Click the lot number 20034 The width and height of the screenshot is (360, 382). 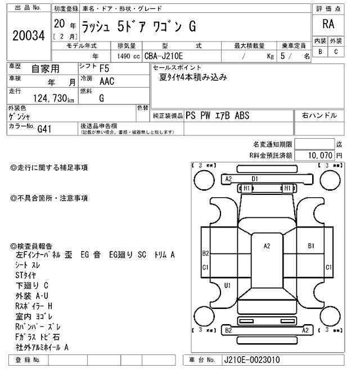tap(28, 35)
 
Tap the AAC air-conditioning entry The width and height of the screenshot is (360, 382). tap(106, 81)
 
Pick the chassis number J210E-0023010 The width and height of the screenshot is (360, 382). tap(251, 360)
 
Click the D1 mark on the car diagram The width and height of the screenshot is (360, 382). tap(255, 179)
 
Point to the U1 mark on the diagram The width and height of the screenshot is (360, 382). tap(227, 285)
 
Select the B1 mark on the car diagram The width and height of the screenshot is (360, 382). tap(310, 245)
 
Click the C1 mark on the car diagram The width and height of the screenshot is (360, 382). tap(205, 267)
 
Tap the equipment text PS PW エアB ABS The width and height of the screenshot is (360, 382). tap(221, 116)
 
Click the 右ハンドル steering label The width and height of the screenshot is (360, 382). tap(319, 116)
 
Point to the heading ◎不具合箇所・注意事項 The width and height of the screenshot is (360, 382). tap(49, 198)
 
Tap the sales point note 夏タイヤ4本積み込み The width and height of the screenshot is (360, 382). tap(193, 78)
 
